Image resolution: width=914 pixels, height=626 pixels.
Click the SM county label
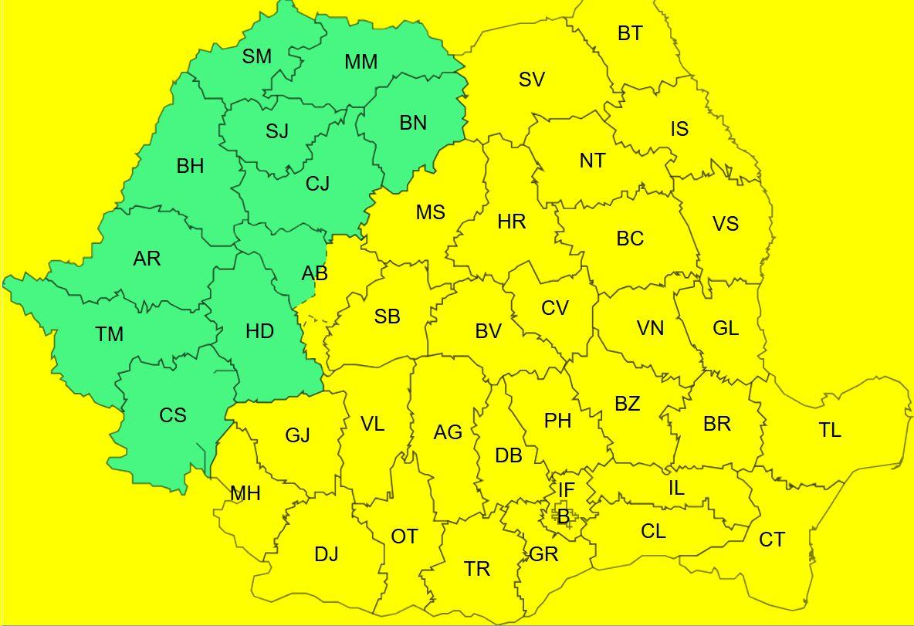257,56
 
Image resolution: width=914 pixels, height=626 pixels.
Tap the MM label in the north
361,62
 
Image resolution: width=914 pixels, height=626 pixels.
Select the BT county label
630,33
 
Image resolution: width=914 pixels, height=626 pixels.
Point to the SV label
531,79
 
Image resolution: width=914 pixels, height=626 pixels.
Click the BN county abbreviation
413,122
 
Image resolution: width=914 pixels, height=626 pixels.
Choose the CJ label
317,184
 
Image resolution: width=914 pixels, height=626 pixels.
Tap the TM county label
110,334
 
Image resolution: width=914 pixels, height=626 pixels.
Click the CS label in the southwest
173,415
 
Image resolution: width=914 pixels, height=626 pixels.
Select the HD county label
259,331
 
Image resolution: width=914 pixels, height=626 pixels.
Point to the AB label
314,273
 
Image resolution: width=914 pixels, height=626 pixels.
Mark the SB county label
387,316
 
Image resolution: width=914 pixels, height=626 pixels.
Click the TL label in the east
830,430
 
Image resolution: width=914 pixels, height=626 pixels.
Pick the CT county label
772,540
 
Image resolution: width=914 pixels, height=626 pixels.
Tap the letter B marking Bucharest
563,517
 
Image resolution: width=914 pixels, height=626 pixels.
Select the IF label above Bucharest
566,489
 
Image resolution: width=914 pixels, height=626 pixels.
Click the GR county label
543,554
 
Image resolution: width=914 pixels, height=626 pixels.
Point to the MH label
245,493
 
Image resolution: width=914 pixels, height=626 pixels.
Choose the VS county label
726,224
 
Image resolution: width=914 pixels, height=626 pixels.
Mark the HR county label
511,222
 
